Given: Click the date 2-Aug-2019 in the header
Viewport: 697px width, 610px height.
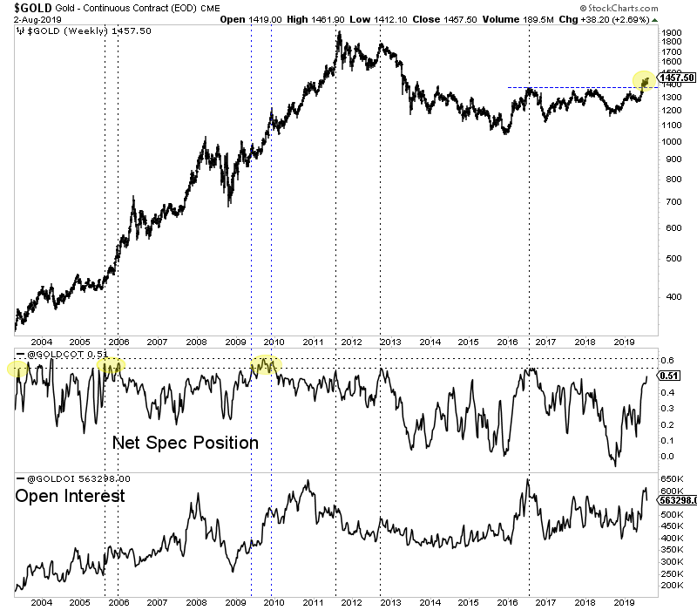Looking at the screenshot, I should (x=27, y=18).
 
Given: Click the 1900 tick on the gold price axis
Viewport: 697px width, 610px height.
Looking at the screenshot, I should (x=670, y=32).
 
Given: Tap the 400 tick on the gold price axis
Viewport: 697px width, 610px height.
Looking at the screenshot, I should (x=667, y=296).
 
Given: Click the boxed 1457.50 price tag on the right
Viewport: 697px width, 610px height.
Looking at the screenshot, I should (x=677, y=78).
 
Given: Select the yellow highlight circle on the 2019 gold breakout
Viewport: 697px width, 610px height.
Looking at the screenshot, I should (x=644, y=80).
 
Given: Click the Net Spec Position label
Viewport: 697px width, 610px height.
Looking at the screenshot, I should (x=185, y=443).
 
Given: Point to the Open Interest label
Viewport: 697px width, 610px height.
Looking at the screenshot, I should (x=70, y=496).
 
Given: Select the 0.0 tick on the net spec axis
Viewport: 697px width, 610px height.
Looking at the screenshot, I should (x=668, y=456).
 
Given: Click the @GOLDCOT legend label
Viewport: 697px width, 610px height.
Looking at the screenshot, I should (x=53, y=353).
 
